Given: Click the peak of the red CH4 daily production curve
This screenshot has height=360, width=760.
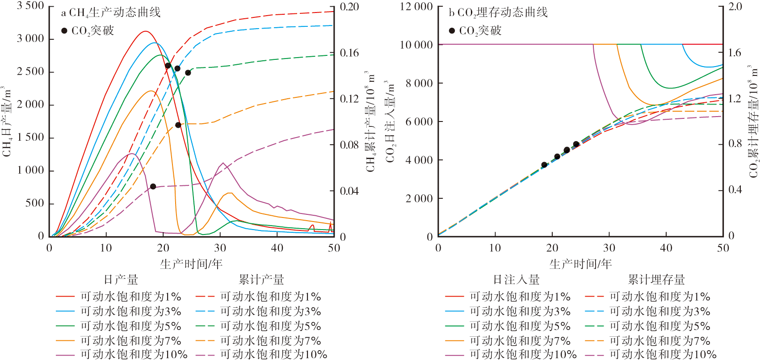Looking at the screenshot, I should click(x=145, y=31).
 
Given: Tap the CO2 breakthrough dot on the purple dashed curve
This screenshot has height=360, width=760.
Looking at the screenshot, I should click(x=153, y=186).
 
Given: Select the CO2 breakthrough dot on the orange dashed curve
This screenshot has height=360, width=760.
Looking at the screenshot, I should click(x=178, y=125).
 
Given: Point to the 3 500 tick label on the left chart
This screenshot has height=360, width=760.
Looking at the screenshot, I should click(x=30, y=6).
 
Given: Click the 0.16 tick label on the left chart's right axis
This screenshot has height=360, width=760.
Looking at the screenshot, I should click(x=349, y=53).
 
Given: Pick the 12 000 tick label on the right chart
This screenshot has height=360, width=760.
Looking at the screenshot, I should click(x=416, y=6).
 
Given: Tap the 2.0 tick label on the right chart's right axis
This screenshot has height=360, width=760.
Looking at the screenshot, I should click(x=735, y=6).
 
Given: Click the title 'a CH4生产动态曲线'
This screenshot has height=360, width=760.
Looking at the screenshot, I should click(x=110, y=13).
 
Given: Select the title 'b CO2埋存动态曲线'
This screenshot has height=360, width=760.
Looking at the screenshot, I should click(x=498, y=13).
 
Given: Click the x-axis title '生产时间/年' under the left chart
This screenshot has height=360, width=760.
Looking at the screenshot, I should click(x=191, y=264).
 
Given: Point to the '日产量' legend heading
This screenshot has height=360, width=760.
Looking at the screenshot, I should click(x=121, y=280).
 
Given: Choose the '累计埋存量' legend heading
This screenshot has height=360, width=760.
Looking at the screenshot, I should click(x=656, y=280).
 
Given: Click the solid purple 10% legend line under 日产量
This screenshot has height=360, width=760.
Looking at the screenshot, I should click(x=65, y=355).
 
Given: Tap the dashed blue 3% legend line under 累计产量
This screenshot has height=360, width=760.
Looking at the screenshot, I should click(x=205, y=311).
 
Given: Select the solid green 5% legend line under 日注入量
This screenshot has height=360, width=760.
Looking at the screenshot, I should click(x=454, y=326).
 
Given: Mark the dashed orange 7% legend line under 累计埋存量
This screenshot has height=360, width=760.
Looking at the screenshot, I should click(x=594, y=341).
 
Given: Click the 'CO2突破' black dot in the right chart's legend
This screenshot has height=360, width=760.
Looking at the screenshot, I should click(x=452, y=30).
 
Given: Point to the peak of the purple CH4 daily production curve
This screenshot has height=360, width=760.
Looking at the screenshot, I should click(x=132, y=153).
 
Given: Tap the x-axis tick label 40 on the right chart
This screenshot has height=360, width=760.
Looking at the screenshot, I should click(x=666, y=248).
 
